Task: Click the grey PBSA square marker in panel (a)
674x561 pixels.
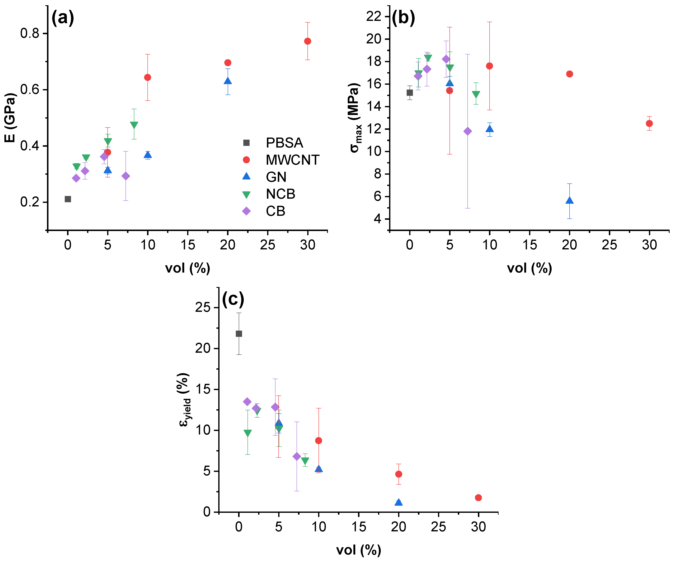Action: point(68,199)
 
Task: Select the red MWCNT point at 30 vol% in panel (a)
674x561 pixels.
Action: point(307,41)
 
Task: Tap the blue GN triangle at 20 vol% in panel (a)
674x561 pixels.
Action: point(227,81)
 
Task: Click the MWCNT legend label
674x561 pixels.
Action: point(292,160)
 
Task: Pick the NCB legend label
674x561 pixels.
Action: point(280,194)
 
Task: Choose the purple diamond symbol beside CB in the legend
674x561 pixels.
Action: point(246,211)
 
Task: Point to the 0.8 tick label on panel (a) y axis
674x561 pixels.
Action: point(29,33)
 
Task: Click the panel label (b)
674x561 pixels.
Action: point(403,18)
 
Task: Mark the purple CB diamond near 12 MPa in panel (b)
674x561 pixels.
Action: point(468,131)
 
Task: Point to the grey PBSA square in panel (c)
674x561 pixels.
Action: point(239,334)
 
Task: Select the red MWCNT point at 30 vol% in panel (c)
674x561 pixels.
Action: point(478,498)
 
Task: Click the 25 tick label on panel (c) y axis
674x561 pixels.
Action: point(203,308)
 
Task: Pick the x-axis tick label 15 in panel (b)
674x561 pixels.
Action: point(530,245)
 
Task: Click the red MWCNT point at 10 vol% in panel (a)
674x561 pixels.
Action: point(148,77)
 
